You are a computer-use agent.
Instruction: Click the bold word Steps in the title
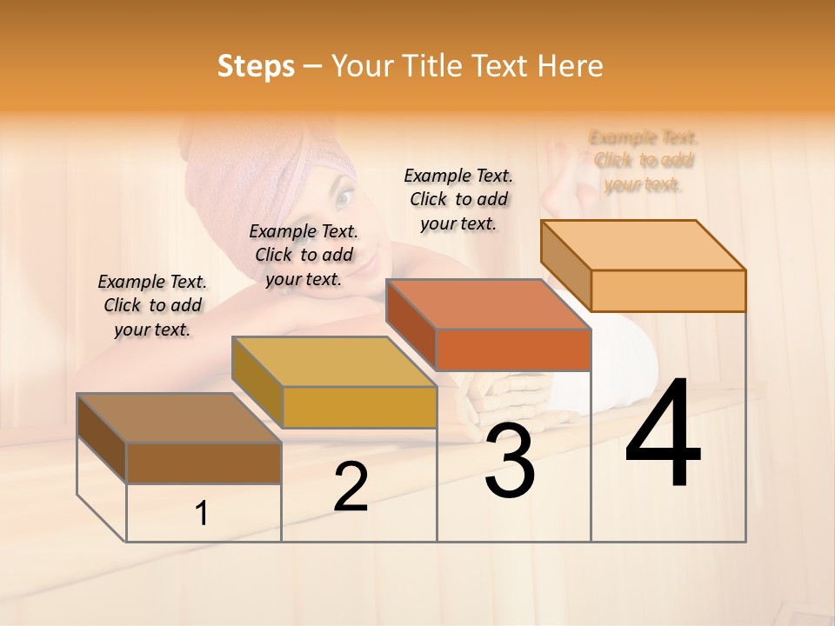pos(255,66)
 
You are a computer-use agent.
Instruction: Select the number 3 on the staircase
pos(509,462)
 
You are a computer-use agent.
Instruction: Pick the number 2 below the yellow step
pos(351,487)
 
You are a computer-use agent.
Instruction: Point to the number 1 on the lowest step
pos(201,514)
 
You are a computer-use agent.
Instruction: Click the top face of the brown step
pos(178,418)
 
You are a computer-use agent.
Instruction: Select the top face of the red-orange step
pos(488,304)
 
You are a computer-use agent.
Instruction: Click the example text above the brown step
pos(152,305)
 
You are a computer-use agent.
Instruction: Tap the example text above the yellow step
pos(304,255)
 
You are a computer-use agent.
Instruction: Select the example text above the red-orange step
pos(458,199)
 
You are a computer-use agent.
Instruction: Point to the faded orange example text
pos(644,161)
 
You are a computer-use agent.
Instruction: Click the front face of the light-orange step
pos(668,290)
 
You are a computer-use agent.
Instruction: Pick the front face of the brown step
pos(204,463)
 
